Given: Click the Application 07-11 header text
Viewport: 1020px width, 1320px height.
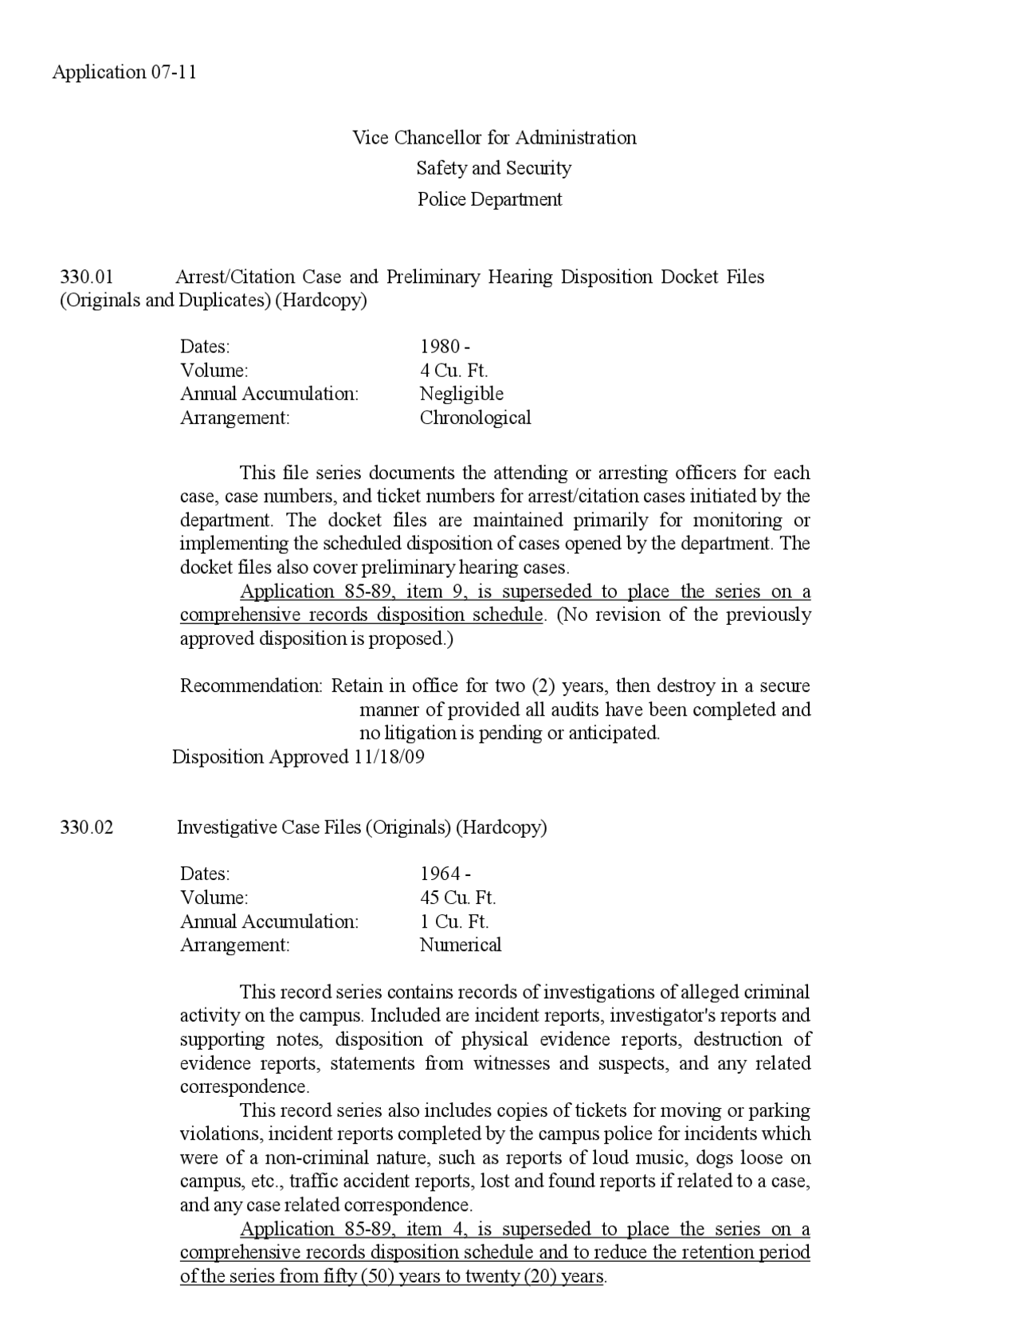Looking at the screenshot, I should tap(124, 73).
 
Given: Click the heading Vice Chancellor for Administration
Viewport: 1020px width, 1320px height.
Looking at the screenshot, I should tap(494, 138).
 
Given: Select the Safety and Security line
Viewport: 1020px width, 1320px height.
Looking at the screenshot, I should tap(493, 168).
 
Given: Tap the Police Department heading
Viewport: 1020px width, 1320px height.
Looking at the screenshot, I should tap(489, 199).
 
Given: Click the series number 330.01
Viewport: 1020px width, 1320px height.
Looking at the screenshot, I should tap(87, 277).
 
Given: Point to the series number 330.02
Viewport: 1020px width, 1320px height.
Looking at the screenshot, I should tap(87, 827).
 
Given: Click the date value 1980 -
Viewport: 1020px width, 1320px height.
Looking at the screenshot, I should tap(445, 347).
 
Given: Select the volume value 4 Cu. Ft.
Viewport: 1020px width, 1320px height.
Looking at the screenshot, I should tap(453, 371).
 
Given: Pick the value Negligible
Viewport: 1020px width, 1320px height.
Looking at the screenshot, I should tap(461, 394).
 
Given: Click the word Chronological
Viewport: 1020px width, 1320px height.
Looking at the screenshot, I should tap(475, 418).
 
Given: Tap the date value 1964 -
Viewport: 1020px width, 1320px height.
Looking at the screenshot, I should tap(445, 874).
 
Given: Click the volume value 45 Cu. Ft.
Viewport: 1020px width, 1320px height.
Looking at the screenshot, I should tap(457, 898).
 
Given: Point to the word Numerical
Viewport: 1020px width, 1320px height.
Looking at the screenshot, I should tap(460, 945).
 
